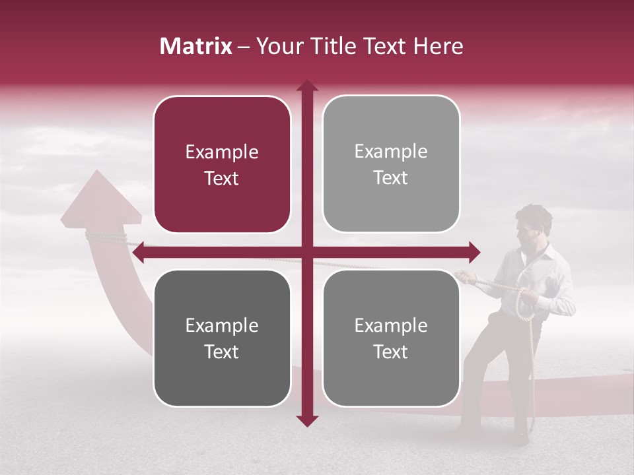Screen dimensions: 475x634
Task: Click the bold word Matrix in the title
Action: coord(196,46)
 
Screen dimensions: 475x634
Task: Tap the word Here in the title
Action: coord(439,46)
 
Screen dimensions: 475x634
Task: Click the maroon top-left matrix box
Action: coord(222,164)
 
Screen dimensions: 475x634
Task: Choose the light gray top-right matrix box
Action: coord(391,164)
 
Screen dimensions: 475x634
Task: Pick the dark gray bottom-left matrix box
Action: coord(222,338)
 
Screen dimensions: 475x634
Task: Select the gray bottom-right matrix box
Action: coord(391,338)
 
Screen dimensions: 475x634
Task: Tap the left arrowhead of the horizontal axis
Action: coord(137,252)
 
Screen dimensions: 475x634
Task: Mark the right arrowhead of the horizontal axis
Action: coord(474,252)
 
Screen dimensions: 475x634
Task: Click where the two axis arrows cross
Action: coord(306,252)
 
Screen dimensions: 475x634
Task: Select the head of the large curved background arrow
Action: coord(100,195)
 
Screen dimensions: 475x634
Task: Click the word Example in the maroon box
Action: coord(222,152)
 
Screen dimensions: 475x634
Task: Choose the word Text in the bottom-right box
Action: coord(391,352)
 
